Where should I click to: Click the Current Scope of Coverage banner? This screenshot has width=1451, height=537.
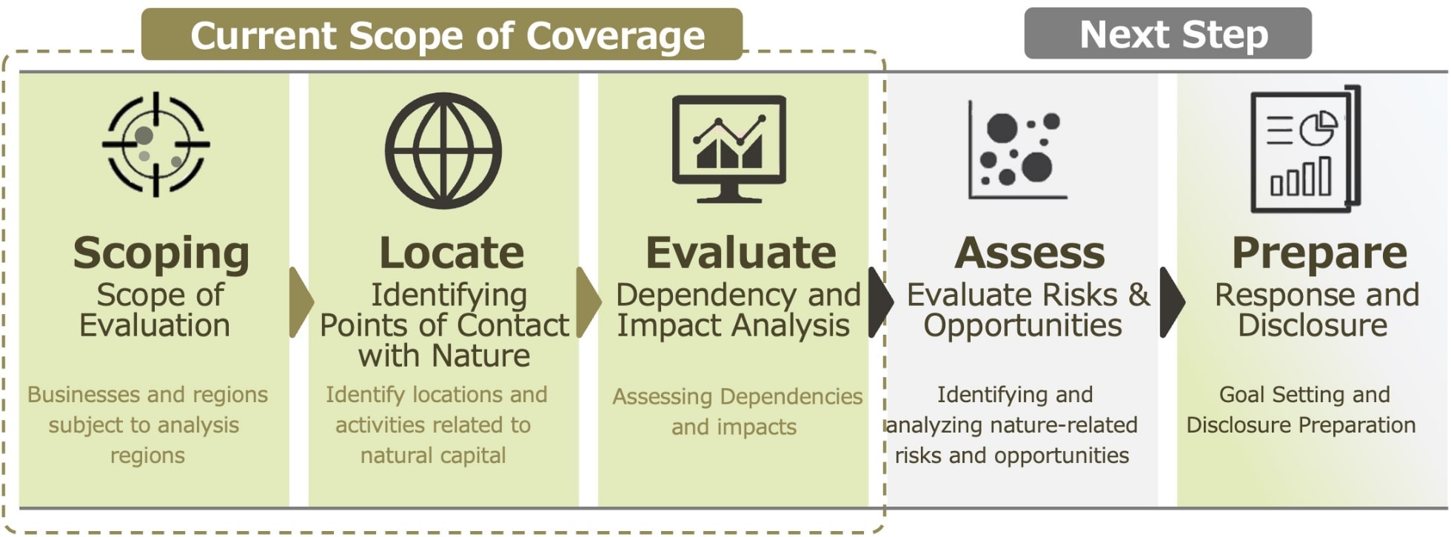pyautogui.click(x=442, y=34)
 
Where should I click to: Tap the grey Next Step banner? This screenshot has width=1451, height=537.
pyautogui.click(x=1167, y=33)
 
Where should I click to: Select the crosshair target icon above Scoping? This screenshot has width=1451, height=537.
pyautogui.click(x=155, y=144)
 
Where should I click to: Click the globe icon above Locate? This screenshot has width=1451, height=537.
pyautogui.click(x=443, y=150)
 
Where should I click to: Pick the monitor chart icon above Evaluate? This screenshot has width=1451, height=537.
pyautogui.click(x=729, y=148)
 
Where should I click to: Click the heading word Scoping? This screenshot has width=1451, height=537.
pyautogui.click(x=161, y=253)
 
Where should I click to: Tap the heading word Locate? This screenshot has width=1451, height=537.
pyautogui.click(x=452, y=253)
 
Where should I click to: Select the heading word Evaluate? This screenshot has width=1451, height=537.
pyautogui.click(x=741, y=253)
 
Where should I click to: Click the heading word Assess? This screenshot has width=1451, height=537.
pyautogui.click(x=1030, y=253)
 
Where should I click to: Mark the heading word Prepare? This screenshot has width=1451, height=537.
pyautogui.click(x=1319, y=253)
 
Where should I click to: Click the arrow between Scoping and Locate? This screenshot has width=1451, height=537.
pyautogui.click(x=301, y=302)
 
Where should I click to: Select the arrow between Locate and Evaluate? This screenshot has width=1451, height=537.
pyautogui.click(x=589, y=302)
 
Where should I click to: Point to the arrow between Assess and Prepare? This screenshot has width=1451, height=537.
pyautogui.click(x=1172, y=302)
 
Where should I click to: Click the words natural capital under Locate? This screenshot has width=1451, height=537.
pyautogui.click(x=433, y=455)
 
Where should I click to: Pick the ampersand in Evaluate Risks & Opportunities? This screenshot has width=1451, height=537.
pyautogui.click(x=1139, y=295)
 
